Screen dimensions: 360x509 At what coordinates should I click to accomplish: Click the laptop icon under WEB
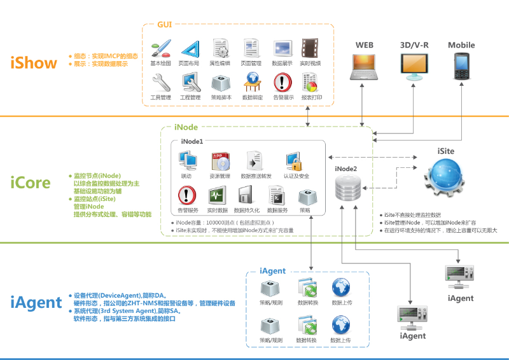(364, 67)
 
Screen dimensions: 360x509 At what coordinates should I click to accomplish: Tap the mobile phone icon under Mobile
(461, 66)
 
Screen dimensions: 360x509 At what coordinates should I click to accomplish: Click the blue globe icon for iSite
(445, 179)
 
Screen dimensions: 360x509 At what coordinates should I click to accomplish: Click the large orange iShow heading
(33, 62)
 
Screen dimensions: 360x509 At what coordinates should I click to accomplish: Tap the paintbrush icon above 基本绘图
(160, 49)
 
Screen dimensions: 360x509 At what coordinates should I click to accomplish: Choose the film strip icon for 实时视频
(310, 49)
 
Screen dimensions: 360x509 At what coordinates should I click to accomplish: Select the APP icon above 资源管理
(220, 160)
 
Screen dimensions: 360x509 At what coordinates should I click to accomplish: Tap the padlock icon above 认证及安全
(293, 160)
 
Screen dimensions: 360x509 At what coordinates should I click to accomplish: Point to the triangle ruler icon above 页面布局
(190, 49)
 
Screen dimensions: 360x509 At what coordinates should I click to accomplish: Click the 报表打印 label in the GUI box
(311, 98)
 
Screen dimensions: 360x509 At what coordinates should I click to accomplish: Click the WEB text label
(364, 45)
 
